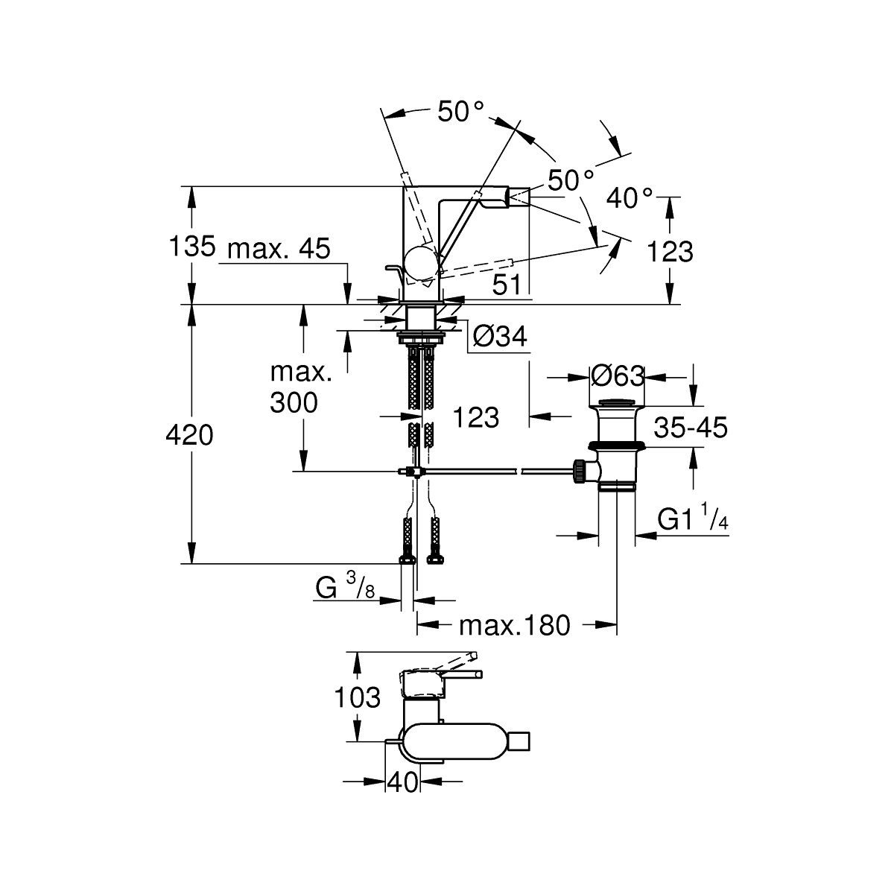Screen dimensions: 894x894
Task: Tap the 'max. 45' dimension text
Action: coord(278,250)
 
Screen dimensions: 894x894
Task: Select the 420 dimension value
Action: coord(191,435)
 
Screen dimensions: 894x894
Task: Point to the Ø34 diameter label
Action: coord(501,337)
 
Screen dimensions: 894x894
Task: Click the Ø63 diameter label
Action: coord(617,376)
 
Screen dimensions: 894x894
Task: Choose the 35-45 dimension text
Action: coord(691,428)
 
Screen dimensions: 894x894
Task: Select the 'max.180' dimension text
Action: coord(514,625)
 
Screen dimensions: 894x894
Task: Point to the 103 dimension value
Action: coord(358,698)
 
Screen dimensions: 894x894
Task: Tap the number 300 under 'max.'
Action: coord(294,403)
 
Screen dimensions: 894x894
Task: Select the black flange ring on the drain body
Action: coord(617,446)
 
